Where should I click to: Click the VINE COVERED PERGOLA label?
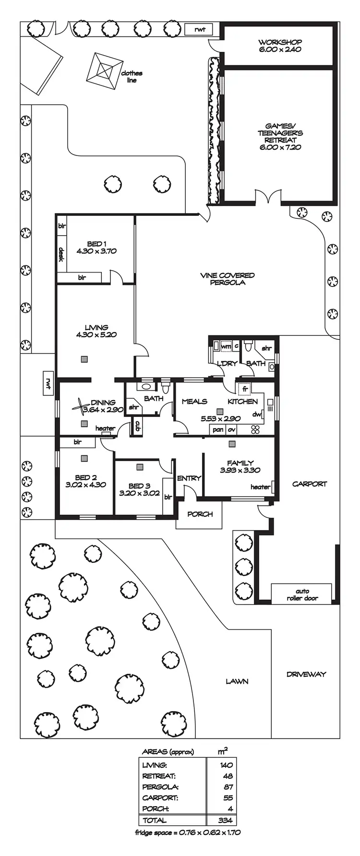coord(227,279)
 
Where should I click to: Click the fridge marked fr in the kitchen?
coord(244,388)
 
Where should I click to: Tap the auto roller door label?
coord(302,594)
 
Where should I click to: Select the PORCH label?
coord(200,514)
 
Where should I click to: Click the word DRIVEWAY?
coord(306,674)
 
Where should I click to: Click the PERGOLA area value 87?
coord(228,787)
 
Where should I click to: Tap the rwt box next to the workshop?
coord(200,30)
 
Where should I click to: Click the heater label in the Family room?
coord(260,487)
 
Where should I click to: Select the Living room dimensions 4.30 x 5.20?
coord(96,335)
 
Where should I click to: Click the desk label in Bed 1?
coord(61,254)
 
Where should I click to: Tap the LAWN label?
coord(237,681)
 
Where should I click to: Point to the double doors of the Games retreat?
coord(267,198)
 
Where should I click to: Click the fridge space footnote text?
coord(188,832)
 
